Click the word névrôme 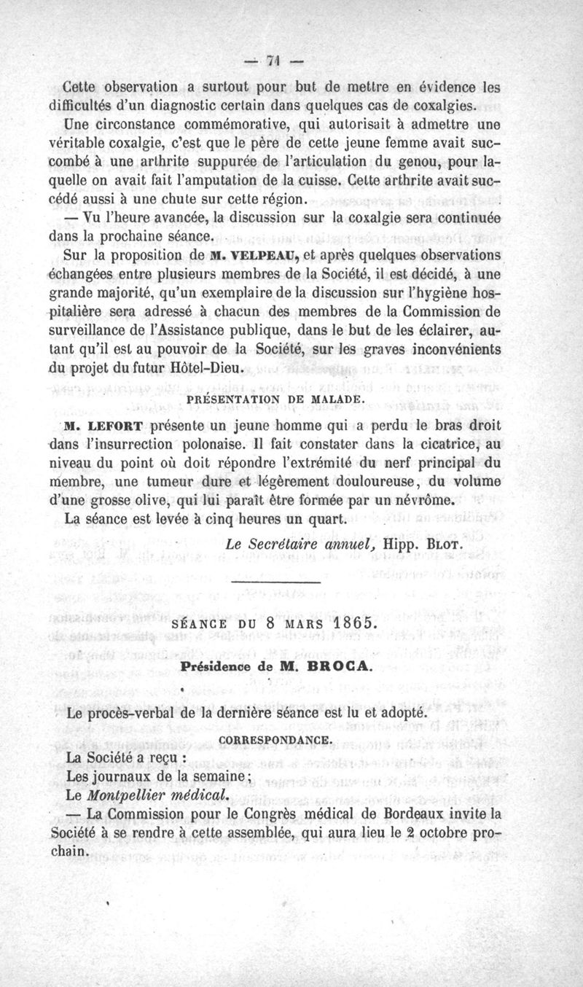point(420,501)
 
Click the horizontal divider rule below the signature point(275,581)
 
